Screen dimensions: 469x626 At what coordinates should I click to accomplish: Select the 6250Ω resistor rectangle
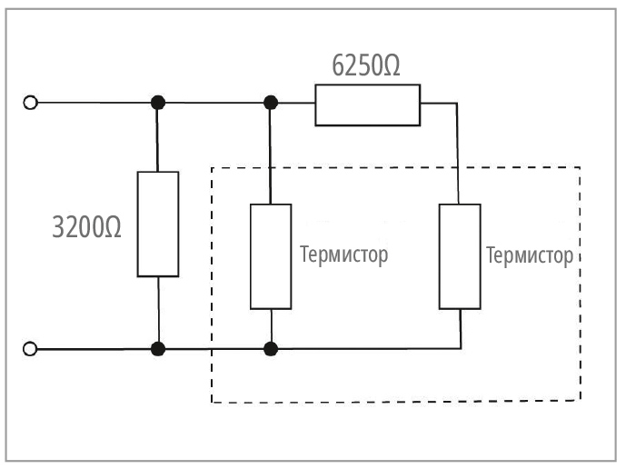pos(367,104)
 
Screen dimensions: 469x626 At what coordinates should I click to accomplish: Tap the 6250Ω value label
pos(367,66)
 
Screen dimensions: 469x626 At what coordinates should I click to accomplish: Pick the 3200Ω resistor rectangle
pos(157,223)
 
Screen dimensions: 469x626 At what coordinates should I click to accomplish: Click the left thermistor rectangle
pos(271,257)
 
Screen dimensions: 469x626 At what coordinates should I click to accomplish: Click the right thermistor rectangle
pos(460,257)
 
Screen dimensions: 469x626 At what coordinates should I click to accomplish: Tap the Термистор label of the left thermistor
pos(343,254)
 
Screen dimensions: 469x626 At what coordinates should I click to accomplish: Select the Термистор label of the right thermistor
pos(531,254)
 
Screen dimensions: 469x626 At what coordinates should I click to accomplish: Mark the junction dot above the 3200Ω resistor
pos(158,103)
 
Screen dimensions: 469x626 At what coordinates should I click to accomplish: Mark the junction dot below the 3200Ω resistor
pos(158,348)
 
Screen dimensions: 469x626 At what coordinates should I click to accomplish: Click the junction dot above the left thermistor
pos(270,103)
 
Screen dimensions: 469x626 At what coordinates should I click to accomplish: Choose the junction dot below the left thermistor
pos(270,348)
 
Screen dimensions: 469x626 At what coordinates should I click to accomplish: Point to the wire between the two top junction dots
pos(214,103)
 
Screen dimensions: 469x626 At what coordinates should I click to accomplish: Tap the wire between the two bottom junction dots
pos(214,348)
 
